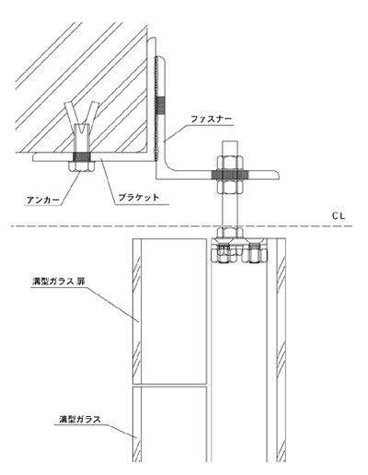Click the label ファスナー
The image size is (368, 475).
point(212,119)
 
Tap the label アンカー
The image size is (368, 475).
point(43,200)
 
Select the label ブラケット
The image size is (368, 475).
point(139,197)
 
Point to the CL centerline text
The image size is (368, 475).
point(339,216)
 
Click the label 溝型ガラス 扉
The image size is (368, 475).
point(58,282)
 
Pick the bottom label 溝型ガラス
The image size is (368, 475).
point(80,419)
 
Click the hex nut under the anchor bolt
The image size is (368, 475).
point(82,167)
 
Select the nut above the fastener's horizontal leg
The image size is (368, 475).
point(230,163)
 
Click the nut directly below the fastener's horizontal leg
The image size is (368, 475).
point(230,187)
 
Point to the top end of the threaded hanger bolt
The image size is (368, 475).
point(230,141)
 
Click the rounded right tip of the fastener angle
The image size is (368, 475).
point(278,175)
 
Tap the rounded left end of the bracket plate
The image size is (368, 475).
point(34,157)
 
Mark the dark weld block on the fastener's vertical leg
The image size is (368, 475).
point(160,106)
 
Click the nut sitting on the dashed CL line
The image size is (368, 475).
point(230,233)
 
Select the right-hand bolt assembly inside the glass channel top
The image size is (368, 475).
point(254,252)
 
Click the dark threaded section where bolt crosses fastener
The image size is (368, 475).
point(230,175)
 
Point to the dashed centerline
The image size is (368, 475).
point(181,226)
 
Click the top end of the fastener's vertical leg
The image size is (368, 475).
point(152,38)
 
